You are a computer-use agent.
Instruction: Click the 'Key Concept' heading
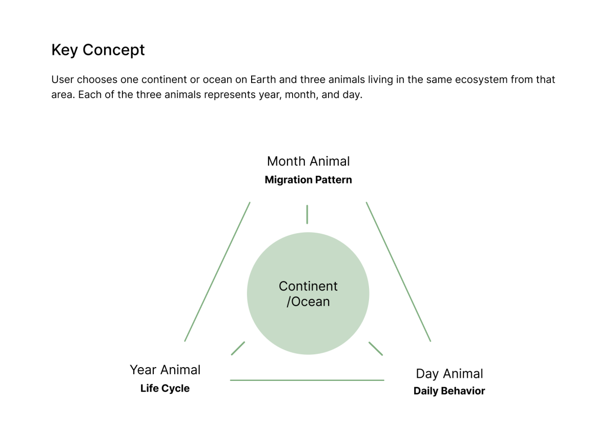(98, 50)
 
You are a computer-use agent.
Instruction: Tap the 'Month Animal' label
(309, 161)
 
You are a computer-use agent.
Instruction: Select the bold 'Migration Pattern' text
(309, 180)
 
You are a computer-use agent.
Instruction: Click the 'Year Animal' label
(165, 370)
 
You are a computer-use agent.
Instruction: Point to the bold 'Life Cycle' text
(165, 389)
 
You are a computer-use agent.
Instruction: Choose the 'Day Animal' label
(449, 374)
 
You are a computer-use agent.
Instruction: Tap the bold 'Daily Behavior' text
(449, 391)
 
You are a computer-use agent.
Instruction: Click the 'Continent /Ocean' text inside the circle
(308, 294)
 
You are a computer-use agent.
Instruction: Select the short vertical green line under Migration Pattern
(307, 214)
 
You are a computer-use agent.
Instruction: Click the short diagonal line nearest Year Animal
(238, 349)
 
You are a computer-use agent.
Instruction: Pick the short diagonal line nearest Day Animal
(376, 349)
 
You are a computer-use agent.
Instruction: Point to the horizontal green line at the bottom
(307, 380)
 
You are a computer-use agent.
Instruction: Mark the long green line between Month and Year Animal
(217, 272)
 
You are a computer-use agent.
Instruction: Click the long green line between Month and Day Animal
(399, 272)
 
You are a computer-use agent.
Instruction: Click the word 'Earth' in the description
(263, 79)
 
